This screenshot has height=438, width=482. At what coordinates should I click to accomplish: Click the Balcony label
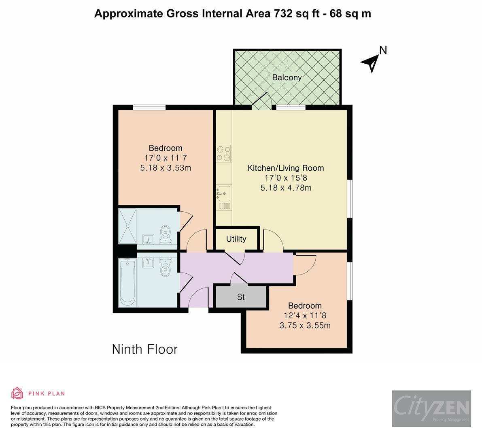[x=287, y=77]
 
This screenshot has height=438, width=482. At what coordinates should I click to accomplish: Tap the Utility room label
[x=236, y=239]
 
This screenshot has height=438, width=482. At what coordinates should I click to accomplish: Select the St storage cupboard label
[x=241, y=297]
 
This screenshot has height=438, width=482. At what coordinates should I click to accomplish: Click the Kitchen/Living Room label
[x=286, y=168]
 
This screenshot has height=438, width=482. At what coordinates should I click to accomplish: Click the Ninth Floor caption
[x=145, y=349]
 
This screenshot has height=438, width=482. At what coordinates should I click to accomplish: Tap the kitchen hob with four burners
[x=224, y=153]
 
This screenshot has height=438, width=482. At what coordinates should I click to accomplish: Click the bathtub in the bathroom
[x=127, y=282]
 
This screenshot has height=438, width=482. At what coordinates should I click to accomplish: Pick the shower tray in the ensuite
[x=127, y=226]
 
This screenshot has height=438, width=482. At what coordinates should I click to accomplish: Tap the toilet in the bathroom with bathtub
[x=165, y=267]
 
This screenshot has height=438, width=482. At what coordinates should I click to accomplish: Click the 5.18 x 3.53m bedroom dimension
[x=166, y=168]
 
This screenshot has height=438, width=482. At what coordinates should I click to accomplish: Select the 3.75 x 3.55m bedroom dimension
[x=305, y=326]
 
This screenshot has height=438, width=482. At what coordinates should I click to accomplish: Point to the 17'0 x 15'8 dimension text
[x=286, y=178]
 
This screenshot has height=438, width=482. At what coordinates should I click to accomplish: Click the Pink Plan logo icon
[x=17, y=393]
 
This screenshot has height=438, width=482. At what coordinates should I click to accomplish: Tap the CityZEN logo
[x=431, y=408]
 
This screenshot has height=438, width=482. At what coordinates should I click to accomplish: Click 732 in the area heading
[x=281, y=13]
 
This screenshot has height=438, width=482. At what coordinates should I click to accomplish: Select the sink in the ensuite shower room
[x=148, y=239]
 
